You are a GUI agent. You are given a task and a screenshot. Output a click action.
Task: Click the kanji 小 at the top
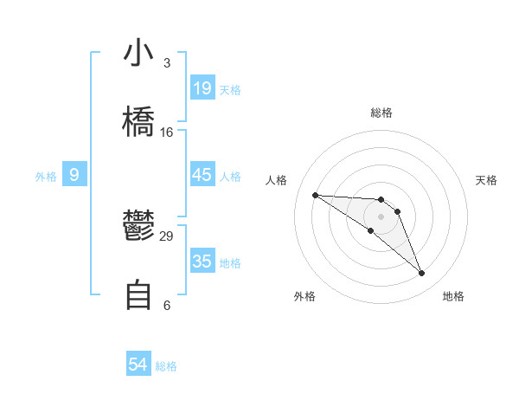[x=138, y=53]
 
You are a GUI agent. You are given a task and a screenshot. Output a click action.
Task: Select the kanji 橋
[x=138, y=120]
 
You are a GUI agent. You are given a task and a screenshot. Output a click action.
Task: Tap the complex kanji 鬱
[x=138, y=227]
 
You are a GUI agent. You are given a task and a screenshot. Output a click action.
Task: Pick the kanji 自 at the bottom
[x=138, y=295]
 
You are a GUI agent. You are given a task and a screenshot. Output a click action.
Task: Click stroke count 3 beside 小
[x=167, y=63]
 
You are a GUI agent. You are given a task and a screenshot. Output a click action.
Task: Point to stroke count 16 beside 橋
[x=167, y=132]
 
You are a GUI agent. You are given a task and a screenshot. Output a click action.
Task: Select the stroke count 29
[x=167, y=236]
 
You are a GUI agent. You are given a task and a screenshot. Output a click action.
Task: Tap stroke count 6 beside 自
[x=167, y=305]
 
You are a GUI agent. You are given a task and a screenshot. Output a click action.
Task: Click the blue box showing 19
[x=202, y=88]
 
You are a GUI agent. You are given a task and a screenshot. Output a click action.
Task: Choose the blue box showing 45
[x=202, y=175]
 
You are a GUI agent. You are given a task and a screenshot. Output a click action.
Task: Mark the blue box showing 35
[x=202, y=262]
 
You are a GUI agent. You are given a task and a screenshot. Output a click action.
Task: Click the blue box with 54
[x=138, y=365]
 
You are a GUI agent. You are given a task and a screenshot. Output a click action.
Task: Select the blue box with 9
[x=74, y=175]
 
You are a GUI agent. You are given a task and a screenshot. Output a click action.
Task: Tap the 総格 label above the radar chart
[x=381, y=113]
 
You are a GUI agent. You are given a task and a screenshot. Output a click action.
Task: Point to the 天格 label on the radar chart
[x=487, y=180]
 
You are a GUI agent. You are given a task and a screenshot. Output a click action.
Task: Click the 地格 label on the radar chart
[x=453, y=296]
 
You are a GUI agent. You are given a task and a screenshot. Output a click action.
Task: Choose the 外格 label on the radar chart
[x=304, y=296]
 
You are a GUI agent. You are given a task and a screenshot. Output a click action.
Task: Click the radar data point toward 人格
[x=315, y=195]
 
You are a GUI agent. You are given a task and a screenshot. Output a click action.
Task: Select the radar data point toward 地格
[x=422, y=274]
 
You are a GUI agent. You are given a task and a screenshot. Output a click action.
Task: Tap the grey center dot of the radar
[x=381, y=216]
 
